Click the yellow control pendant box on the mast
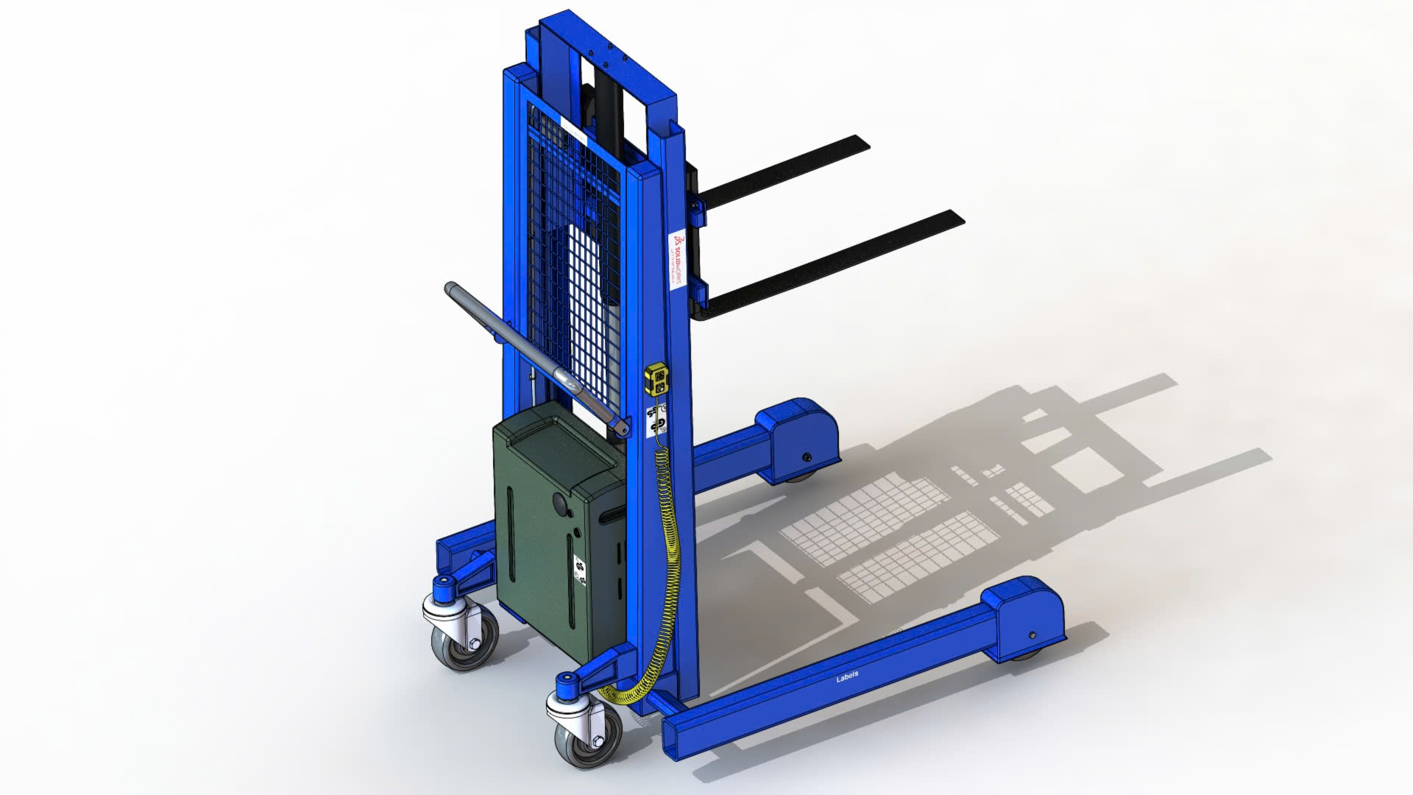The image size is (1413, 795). [656, 378]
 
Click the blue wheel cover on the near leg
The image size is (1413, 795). [1027, 618]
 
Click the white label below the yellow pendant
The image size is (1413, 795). [656, 419]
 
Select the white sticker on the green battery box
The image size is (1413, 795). [580, 574]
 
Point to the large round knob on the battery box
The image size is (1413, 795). [562, 505]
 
